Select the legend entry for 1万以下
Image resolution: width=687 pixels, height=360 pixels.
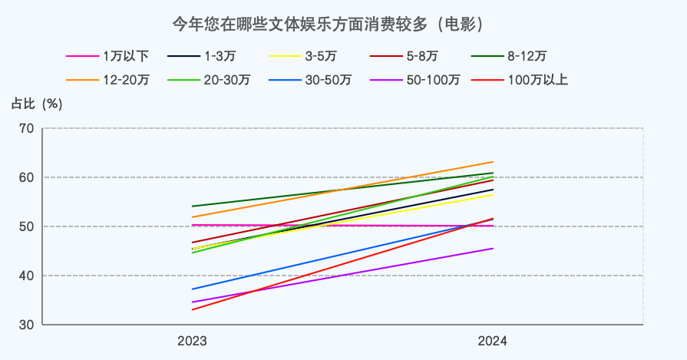[x=107, y=56]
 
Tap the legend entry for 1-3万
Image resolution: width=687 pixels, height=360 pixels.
[x=207, y=56]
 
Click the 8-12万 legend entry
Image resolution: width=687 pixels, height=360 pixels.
[x=511, y=56]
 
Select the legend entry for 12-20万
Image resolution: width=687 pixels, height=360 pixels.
[x=107, y=80]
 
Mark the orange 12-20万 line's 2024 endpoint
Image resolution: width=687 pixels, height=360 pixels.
[x=493, y=162]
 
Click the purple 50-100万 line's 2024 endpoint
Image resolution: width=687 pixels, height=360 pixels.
[x=493, y=248]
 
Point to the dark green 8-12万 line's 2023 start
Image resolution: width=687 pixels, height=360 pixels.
[x=192, y=206]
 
